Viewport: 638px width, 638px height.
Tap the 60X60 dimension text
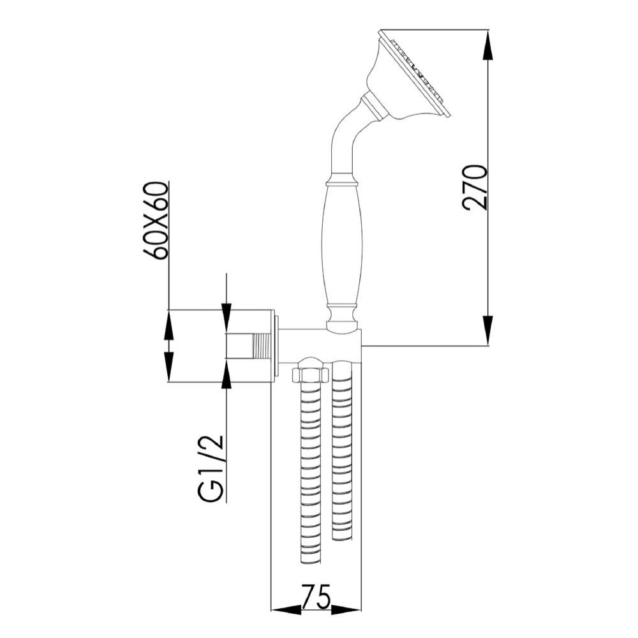156,220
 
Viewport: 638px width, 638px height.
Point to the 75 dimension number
316,598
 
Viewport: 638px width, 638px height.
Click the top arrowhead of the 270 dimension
488,45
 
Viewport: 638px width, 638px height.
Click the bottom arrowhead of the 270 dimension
488,330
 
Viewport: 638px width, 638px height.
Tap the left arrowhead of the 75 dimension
286,610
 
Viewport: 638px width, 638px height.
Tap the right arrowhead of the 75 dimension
346,610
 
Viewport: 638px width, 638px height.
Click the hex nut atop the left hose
310,374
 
